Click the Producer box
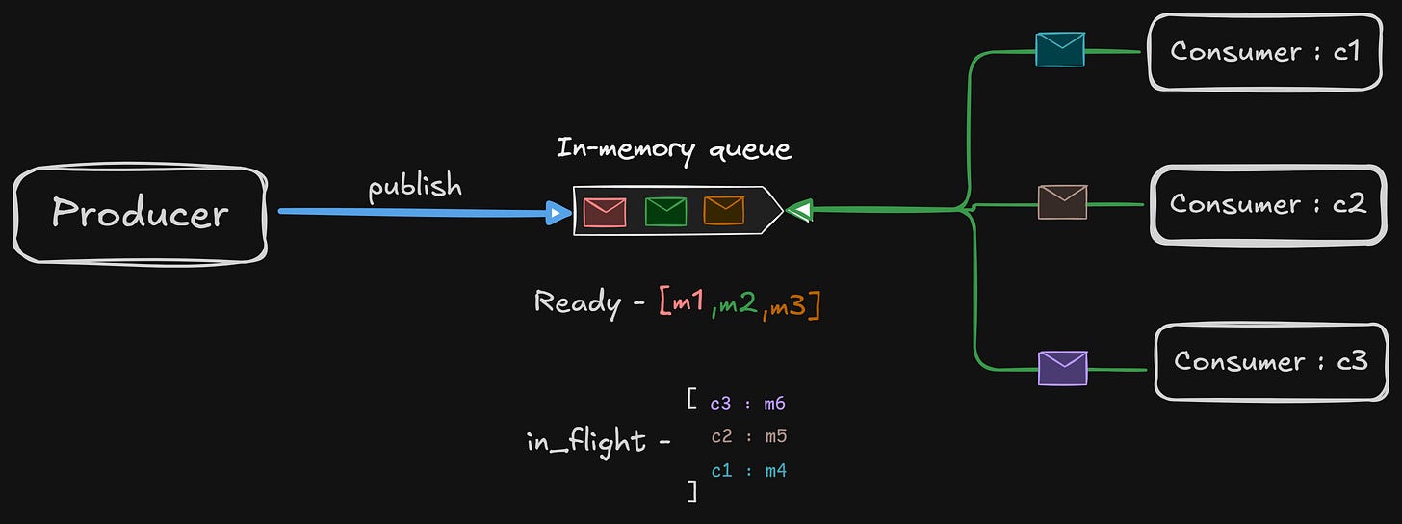point(141,213)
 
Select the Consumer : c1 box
point(1264,51)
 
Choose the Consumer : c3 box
point(1270,362)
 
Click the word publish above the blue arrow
point(415,185)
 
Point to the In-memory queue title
point(674,149)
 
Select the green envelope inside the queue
point(665,211)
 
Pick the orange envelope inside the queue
point(723,211)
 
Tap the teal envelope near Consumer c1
point(1060,49)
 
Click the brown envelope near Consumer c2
point(1062,202)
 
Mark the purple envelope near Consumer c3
point(1062,368)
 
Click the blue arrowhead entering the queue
point(559,212)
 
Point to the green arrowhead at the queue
point(798,210)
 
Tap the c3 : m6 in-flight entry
point(748,405)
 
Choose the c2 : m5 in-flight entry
point(749,437)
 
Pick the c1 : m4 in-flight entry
point(749,471)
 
